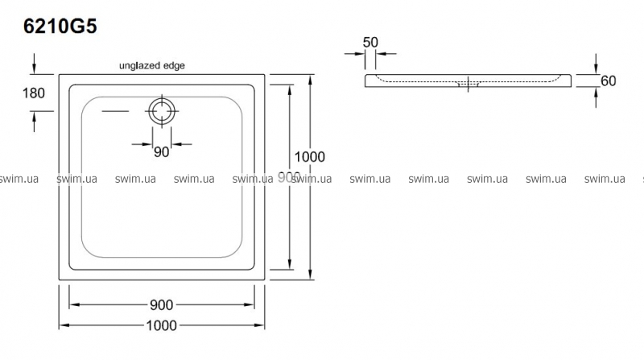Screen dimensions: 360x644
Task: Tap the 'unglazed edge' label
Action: click(152, 67)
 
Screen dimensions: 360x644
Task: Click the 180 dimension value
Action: click(34, 93)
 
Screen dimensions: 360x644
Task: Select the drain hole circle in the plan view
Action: click(162, 110)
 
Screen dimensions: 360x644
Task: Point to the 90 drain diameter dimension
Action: click(161, 153)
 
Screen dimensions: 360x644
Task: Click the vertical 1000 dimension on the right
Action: click(310, 157)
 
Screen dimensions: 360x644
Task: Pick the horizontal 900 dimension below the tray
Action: click(162, 304)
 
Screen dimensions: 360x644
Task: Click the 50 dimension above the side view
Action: click(370, 41)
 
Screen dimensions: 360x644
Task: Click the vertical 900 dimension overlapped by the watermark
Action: click(288, 176)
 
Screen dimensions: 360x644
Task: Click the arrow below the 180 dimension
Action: click(34, 120)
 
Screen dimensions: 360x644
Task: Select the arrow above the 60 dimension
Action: click(596, 62)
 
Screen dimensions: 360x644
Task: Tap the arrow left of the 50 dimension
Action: click(354, 55)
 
